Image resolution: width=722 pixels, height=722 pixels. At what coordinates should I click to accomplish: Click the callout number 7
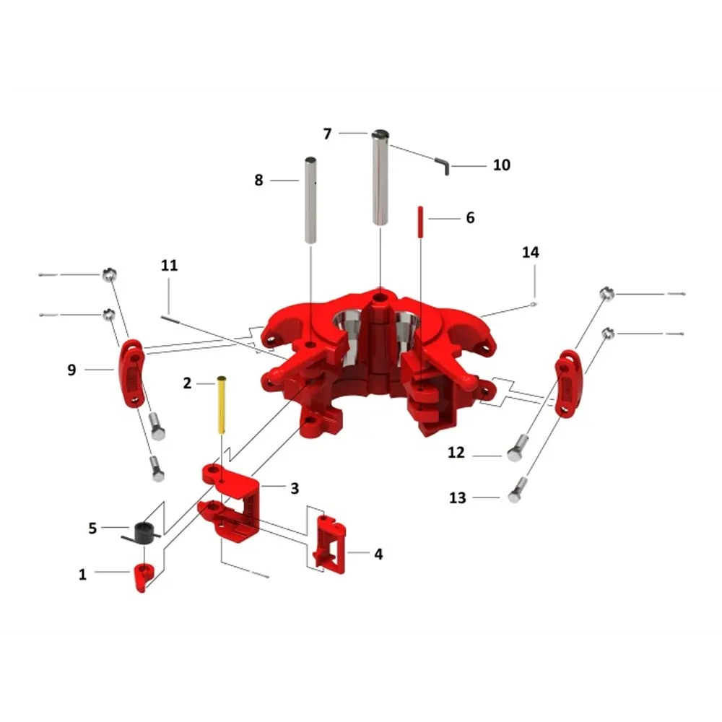pyautogui.click(x=327, y=134)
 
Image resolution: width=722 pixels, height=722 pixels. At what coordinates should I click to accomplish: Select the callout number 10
pyautogui.click(x=502, y=165)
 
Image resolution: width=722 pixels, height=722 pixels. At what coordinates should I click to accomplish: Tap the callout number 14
pyautogui.click(x=530, y=252)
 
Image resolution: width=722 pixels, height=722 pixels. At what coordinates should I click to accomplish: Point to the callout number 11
pyautogui.click(x=169, y=265)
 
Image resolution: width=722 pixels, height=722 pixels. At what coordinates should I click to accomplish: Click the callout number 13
pyautogui.click(x=457, y=497)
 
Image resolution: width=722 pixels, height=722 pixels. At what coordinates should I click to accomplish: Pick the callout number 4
pyautogui.click(x=378, y=554)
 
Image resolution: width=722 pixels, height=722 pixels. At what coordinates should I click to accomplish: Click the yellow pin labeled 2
pyautogui.click(x=222, y=405)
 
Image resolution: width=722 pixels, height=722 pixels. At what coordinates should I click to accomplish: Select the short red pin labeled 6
pyautogui.click(x=420, y=222)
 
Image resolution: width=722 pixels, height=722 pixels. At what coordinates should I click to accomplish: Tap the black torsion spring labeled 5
pyautogui.click(x=142, y=534)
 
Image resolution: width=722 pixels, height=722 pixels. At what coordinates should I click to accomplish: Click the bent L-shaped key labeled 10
pyautogui.click(x=443, y=166)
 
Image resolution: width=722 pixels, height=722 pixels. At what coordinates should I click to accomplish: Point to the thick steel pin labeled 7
pyautogui.click(x=380, y=178)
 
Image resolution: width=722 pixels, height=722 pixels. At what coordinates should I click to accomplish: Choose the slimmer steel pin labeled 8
pyautogui.click(x=310, y=200)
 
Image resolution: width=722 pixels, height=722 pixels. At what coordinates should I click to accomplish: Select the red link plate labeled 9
pyautogui.click(x=132, y=373)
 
